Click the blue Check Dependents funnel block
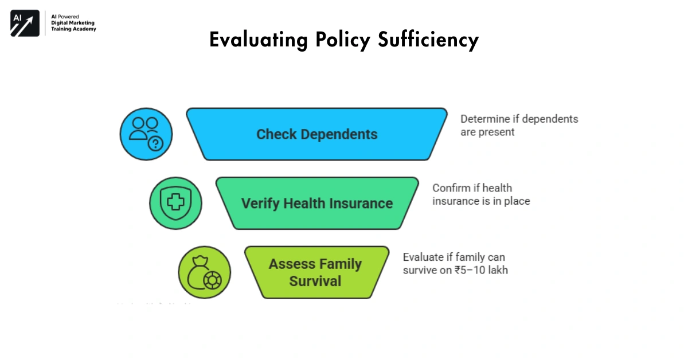316,134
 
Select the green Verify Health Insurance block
317,203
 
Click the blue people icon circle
146,134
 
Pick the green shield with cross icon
175,204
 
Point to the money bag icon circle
205,273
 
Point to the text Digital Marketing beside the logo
73,23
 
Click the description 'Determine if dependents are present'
519,125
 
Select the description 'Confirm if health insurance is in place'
480,194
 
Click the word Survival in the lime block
315,281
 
